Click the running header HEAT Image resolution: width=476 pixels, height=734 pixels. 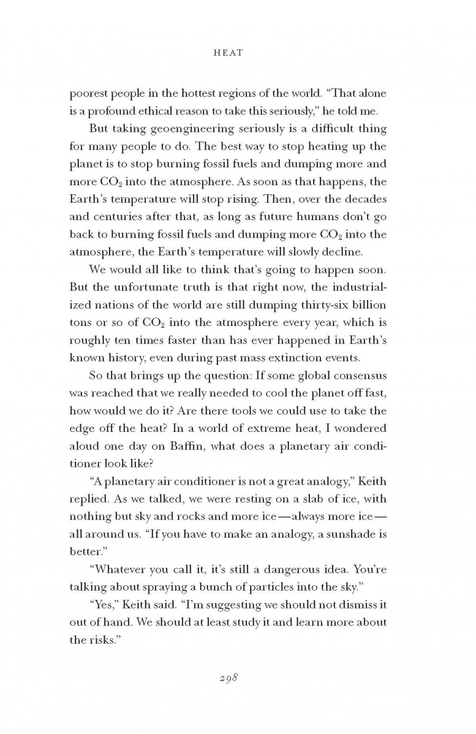pos(228,52)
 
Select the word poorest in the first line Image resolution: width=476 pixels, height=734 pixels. pos(88,94)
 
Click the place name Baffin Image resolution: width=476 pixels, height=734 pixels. pos(188,446)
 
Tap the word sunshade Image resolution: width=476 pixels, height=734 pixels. pos(351,534)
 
